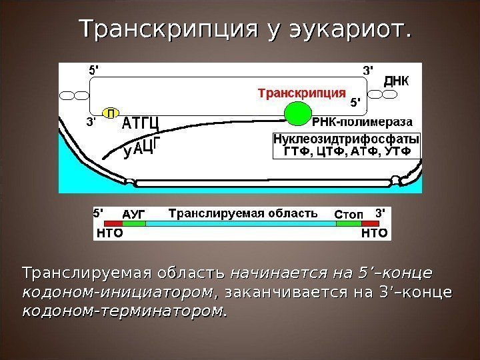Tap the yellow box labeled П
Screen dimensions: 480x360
pyautogui.click(x=111, y=113)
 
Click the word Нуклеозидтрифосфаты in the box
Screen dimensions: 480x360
pyautogui.click(x=346, y=140)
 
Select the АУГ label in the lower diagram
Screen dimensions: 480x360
pyautogui.click(x=134, y=213)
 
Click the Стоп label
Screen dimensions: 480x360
pyautogui.click(x=348, y=214)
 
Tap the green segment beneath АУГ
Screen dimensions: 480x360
pyautogui.click(x=134, y=224)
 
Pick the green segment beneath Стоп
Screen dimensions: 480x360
pyautogui.click(x=348, y=224)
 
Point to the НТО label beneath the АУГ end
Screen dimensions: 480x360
pyautogui.click(x=109, y=233)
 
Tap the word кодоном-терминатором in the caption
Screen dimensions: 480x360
pyautogui.click(x=123, y=310)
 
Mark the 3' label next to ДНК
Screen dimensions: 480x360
pyautogui.click(x=367, y=69)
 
